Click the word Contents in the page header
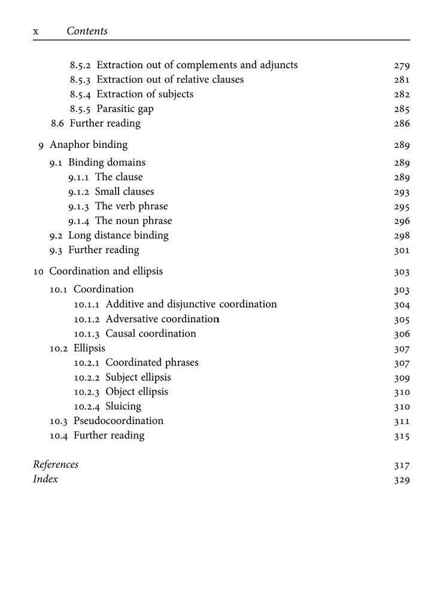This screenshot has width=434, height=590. [87, 31]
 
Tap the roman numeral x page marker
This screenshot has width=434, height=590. [36, 32]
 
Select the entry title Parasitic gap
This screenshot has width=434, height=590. [125, 109]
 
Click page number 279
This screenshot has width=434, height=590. [402, 65]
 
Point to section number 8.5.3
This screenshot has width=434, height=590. [80, 80]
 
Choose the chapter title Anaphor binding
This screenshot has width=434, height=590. [88, 145]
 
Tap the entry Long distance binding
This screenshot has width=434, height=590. [119, 235]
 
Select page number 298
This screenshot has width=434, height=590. [402, 236]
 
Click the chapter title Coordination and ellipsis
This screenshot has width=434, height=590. [106, 271]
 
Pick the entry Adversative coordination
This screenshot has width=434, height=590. [163, 319]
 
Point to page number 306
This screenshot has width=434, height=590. [402, 334]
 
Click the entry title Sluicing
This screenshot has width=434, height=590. [123, 406]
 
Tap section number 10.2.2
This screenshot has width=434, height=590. [87, 377]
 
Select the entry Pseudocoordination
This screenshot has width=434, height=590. [119, 420]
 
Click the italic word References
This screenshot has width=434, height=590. [56, 464]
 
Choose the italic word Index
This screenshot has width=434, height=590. [45, 479]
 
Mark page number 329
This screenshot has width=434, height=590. [402, 480]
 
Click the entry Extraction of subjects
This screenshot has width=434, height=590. [145, 94]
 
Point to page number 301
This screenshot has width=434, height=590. [402, 250]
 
